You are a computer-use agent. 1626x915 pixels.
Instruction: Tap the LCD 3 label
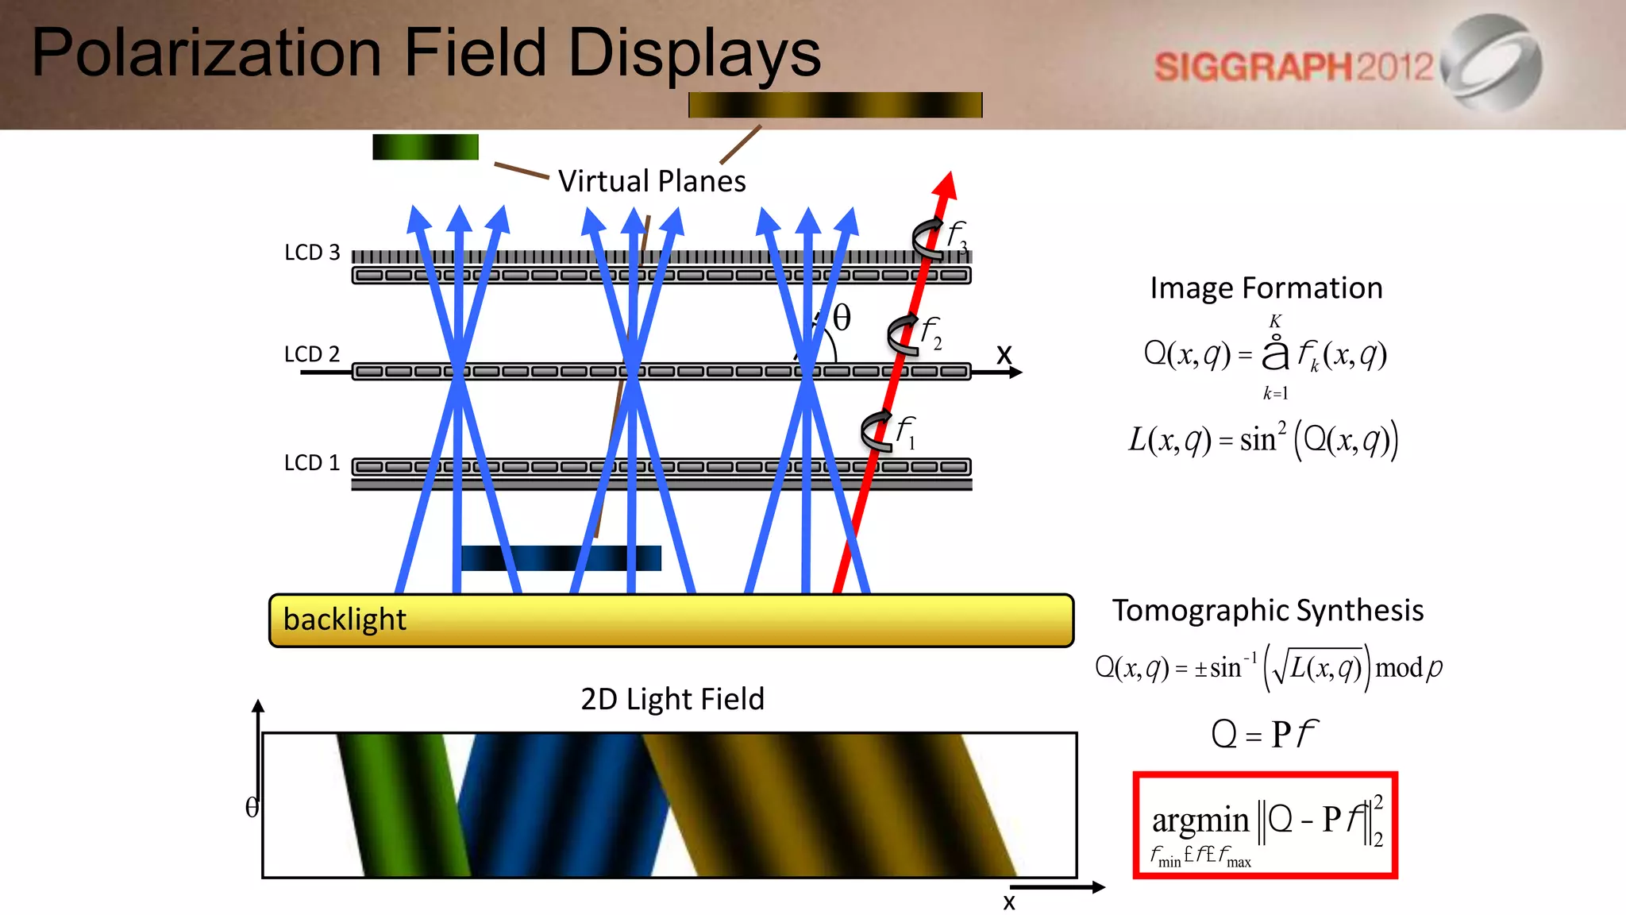tap(312, 253)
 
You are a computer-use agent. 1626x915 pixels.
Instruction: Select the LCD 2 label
tap(312, 354)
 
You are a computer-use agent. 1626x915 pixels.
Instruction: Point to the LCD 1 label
tap(312, 463)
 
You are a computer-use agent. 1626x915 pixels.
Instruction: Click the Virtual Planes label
tap(652, 182)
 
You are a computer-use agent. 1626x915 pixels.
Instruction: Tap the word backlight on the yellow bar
tap(345, 620)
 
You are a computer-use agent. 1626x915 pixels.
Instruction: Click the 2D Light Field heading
tap(672, 699)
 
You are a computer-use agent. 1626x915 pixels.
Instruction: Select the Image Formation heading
tap(1266, 288)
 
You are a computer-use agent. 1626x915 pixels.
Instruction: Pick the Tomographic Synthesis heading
tap(1268, 611)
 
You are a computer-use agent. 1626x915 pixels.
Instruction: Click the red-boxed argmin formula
tap(1266, 825)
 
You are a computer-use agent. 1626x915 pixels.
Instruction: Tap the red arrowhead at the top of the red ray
tap(945, 185)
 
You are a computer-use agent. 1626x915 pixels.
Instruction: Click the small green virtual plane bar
tap(426, 147)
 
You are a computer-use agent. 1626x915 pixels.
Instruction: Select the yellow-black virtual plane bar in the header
tap(835, 105)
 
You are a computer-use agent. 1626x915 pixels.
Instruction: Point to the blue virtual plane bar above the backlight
tap(561, 558)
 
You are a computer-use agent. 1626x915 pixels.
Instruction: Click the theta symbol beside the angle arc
tap(842, 318)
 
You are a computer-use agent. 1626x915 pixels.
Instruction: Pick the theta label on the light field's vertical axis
tap(252, 808)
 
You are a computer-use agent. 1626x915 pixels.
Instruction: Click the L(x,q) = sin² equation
tap(1263, 439)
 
